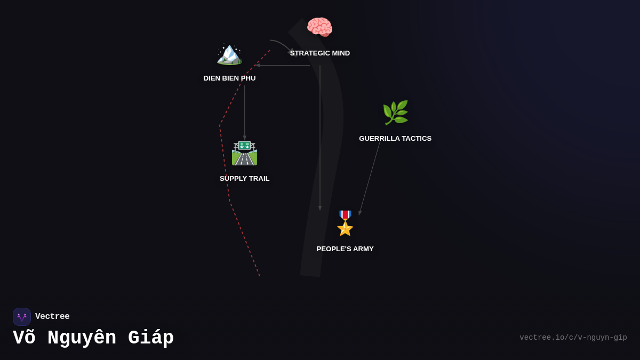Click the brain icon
click(x=319, y=27)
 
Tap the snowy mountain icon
click(x=229, y=53)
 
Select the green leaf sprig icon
click(x=395, y=113)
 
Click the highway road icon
click(x=244, y=153)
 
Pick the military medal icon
click(x=345, y=223)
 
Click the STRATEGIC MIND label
click(x=320, y=53)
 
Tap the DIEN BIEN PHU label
click(x=229, y=78)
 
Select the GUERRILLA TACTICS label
click(x=395, y=139)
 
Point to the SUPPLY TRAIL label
click(x=244, y=179)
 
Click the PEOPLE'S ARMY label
click(x=345, y=249)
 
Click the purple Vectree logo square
click(x=22, y=317)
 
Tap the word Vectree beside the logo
click(x=52, y=317)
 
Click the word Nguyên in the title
click(x=82, y=338)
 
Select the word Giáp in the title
click(x=151, y=338)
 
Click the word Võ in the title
click(x=23, y=338)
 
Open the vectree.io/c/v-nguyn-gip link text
click(x=573, y=338)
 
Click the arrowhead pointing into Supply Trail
click(x=245, y=138)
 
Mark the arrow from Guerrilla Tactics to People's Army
click(x=370, y=177)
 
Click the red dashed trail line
click(x=224, y=160)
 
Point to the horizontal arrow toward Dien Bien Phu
click(x=283, y=65)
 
